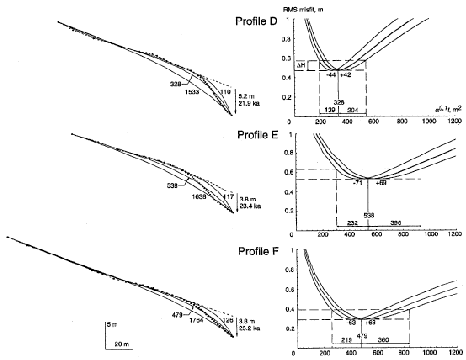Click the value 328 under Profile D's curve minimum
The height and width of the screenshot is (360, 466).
(338, 102)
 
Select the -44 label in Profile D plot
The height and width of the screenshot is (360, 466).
(331, 75)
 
